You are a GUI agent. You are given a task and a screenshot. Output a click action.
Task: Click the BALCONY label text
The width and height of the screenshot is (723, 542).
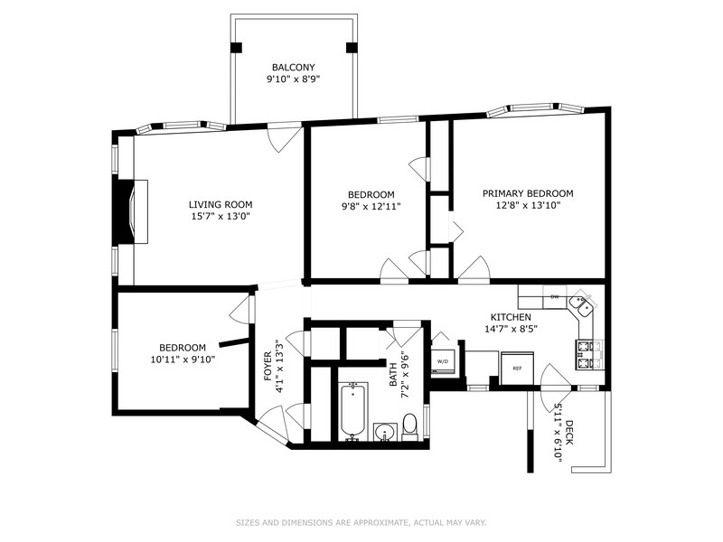(294, 68)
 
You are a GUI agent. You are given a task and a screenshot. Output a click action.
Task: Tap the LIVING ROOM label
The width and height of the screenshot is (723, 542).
(221, 204)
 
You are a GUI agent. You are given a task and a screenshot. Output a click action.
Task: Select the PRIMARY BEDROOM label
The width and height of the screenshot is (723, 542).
(528, 193)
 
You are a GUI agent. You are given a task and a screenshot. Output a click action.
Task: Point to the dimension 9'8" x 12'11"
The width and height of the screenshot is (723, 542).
(371, 207)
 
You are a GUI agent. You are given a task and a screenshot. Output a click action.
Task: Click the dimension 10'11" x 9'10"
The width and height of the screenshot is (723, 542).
(183, 359)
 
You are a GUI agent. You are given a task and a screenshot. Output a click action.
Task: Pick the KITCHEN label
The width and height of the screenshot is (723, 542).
(511, 317)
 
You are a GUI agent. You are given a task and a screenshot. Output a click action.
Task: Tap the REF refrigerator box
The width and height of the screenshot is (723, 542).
(517, 368)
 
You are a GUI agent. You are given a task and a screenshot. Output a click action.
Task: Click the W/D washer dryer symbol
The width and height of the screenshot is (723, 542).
(443, 361)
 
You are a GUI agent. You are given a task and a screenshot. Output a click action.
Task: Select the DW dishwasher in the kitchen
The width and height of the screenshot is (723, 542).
(553, 296)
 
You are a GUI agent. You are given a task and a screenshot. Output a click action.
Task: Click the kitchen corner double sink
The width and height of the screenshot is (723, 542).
(583, 305)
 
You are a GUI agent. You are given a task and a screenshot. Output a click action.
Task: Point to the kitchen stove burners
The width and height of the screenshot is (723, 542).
(585, 354)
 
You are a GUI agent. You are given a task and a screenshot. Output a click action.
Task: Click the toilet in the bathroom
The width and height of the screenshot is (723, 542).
(409, 423)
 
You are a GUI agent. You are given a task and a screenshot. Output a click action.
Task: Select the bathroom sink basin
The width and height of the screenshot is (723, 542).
(383, 429)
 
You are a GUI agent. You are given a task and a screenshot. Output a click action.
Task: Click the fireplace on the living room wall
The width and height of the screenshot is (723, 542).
(131, 210)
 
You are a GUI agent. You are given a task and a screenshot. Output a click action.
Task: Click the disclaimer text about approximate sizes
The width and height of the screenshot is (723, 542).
(361, 521)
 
